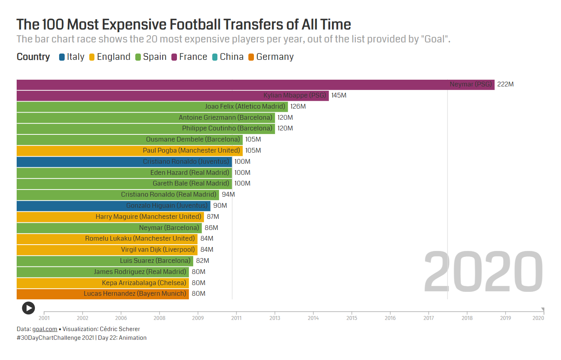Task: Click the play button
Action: pos(29,308)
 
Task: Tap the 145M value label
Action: pos(339,96)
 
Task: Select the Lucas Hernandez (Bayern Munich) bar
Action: pos(103,294)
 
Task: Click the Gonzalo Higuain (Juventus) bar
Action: pos(113,206)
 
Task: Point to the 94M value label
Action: pos(229,195)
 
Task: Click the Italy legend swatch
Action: pos(62,57)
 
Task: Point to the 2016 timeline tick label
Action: pos(390,318)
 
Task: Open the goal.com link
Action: pos(45,329)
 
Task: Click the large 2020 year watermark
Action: pos(483,272)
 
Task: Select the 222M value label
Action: pos(505,84)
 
